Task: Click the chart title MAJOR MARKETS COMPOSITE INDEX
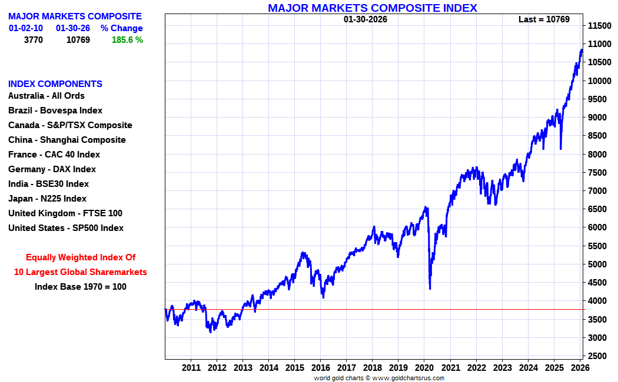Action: click(372, 8)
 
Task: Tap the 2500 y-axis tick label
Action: click(598, 356)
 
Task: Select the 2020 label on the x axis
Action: click(424, 368)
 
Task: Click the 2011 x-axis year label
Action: click(191, 368)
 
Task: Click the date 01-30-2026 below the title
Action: click(366, 19)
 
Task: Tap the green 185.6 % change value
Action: click(127, 40)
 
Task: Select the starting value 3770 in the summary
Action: click(33, 40)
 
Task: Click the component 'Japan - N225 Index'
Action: click(47, 199)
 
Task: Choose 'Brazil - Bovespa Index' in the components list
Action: click(55, 110)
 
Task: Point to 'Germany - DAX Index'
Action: click(52, 169)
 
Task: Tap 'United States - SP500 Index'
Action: click(66, 228)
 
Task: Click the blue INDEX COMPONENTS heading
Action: click(55, 84)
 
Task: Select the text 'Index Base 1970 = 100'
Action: click(80, 287)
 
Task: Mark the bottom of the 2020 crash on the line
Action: click(430, 288)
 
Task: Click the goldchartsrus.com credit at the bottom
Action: click(379, 378)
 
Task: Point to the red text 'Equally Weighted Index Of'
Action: click(81, 257)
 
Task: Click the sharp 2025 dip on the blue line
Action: click(560, 148)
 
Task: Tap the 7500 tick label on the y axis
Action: click(598, 172)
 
